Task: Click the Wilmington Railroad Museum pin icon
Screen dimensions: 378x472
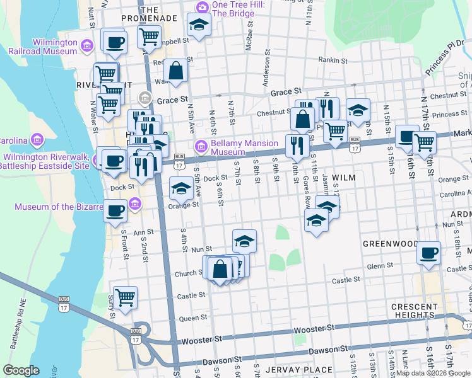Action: [87, 46]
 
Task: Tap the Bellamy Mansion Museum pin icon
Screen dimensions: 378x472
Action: [201, 147]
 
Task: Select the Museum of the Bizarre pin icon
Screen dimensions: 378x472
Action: [134, 203]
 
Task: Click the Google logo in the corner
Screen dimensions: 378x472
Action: [21, 370]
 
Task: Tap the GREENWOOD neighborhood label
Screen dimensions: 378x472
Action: [390, 243]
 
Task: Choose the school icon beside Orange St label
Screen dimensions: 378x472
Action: [181, 187]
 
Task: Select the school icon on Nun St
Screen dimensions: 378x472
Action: [244, 240]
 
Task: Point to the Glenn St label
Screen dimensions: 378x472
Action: [380, 266]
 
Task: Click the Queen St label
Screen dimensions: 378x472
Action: [189, 319]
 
